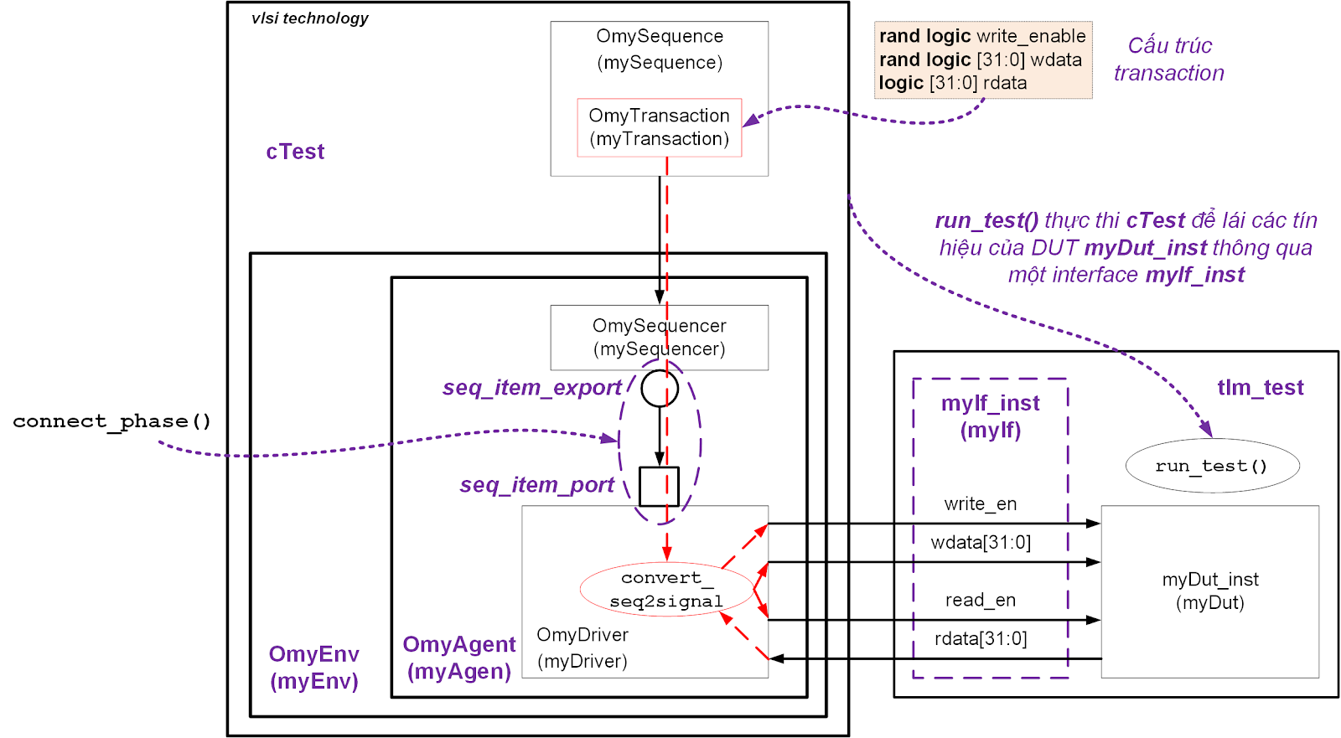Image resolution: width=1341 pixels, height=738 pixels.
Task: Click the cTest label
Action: point(295,152)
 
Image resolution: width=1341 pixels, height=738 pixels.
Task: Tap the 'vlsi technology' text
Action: point(309,18)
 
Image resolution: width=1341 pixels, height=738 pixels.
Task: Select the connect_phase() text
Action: point(112,421)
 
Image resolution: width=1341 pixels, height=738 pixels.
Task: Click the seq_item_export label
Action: point(532,388)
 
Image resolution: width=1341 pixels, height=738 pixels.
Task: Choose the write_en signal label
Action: point(980,504)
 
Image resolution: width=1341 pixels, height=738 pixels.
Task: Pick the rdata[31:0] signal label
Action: point(981,638)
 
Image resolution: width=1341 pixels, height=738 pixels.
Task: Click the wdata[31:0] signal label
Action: point(981,542)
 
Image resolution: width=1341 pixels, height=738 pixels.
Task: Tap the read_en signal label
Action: point(980,600)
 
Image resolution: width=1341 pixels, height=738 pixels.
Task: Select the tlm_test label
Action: point(1261,387)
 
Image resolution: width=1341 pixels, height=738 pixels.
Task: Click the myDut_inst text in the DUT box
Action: point(1210,580)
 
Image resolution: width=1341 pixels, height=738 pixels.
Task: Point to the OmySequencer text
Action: point(659,326)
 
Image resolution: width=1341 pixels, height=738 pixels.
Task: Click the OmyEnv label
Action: point(313,654)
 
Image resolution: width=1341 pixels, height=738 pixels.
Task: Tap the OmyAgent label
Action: point(459,645)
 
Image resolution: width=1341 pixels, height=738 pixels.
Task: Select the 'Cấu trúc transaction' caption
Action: point(1168,59)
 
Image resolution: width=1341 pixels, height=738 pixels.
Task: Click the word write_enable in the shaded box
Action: point(1031,36)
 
